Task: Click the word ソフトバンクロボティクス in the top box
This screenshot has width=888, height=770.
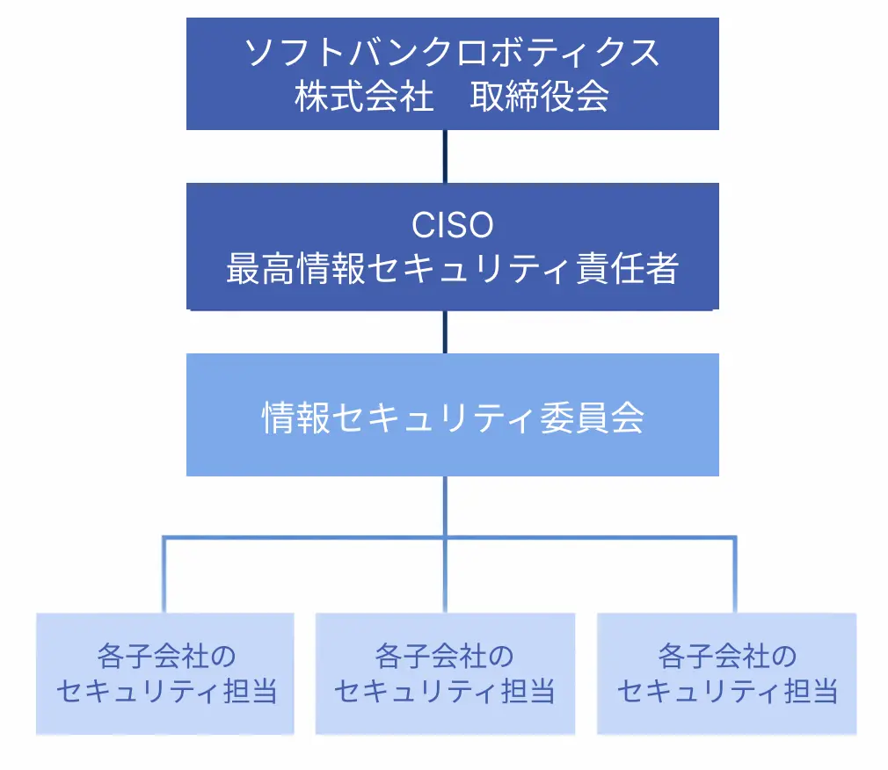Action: pyautogui.click(x=452, y=54)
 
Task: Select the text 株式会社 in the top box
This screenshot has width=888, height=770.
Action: pyautogui.click(x=364, y=97)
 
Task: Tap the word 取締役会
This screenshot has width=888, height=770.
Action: pyautogui.click(x=540, y=97)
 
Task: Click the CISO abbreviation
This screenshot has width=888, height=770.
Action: pyautogui.click(x=452, y=225)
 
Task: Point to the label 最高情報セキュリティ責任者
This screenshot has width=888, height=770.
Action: pyautogui.click(x=452, y=269)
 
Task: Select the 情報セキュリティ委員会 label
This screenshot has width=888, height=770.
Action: pyautogui.click(x=452, y=418)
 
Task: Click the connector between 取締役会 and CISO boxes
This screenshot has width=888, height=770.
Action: pyautogui.click(x=445, y=156)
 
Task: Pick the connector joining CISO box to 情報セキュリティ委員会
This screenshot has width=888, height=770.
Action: pyautogui.click(x=445, y=331)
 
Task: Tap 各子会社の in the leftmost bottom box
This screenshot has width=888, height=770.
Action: pyautogui.click(x=165, y=656)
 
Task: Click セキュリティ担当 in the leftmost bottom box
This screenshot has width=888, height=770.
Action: pyautogui.click(x=165, y=693)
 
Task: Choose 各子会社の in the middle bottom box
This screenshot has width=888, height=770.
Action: pyautogui.click(x=444, y=656)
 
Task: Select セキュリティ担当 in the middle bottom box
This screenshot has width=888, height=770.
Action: pyautogui.click(x=444, y=693)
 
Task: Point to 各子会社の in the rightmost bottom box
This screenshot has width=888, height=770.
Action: pyautogui.click(x=726, y=656)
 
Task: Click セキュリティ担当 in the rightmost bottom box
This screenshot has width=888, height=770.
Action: pyautogui.click(x=726, y=693)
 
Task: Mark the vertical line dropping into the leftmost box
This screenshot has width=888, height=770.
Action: pyautogui.click(x=164, y=576)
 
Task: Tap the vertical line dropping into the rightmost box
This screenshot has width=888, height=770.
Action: pyautogui.click(x=735, y=576)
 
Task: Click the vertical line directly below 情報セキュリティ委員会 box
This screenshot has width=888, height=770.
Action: pyautogui.click(x=445, y=505)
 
